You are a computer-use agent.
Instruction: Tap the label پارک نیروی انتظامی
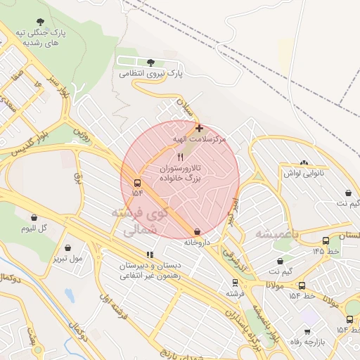pyautogui.click(x=150, y=72)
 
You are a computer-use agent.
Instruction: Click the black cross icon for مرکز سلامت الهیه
pyautogui.click(x=200, y=129)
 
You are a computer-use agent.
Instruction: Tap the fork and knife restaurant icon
pyautogui.click(x=180, y=157)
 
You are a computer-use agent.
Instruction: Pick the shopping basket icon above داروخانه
pyautogui.click(x=197, y=231)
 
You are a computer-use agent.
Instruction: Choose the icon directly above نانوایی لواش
pyautogui.click(x=304, y=162)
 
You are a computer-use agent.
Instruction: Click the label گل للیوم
pyautogui.click(x=34, y=229)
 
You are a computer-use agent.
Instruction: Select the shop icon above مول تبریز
pyautogui.click(x=67, y=248)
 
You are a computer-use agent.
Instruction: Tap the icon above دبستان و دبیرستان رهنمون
pyautogui.click(x=149, y=255)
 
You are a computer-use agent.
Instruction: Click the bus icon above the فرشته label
pyautogui.click(x=236, y=282)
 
